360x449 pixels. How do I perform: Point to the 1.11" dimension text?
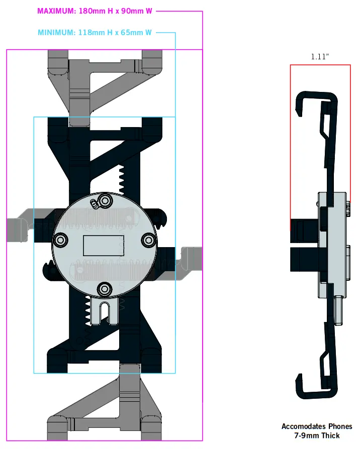[x=320, y=57]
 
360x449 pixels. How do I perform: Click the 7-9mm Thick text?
[x=317, y=435]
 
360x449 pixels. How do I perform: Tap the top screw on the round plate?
[x=106, y=201]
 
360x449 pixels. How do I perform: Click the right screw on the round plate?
[x=148, y=240]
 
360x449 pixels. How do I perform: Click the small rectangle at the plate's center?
[x=104, y=245]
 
